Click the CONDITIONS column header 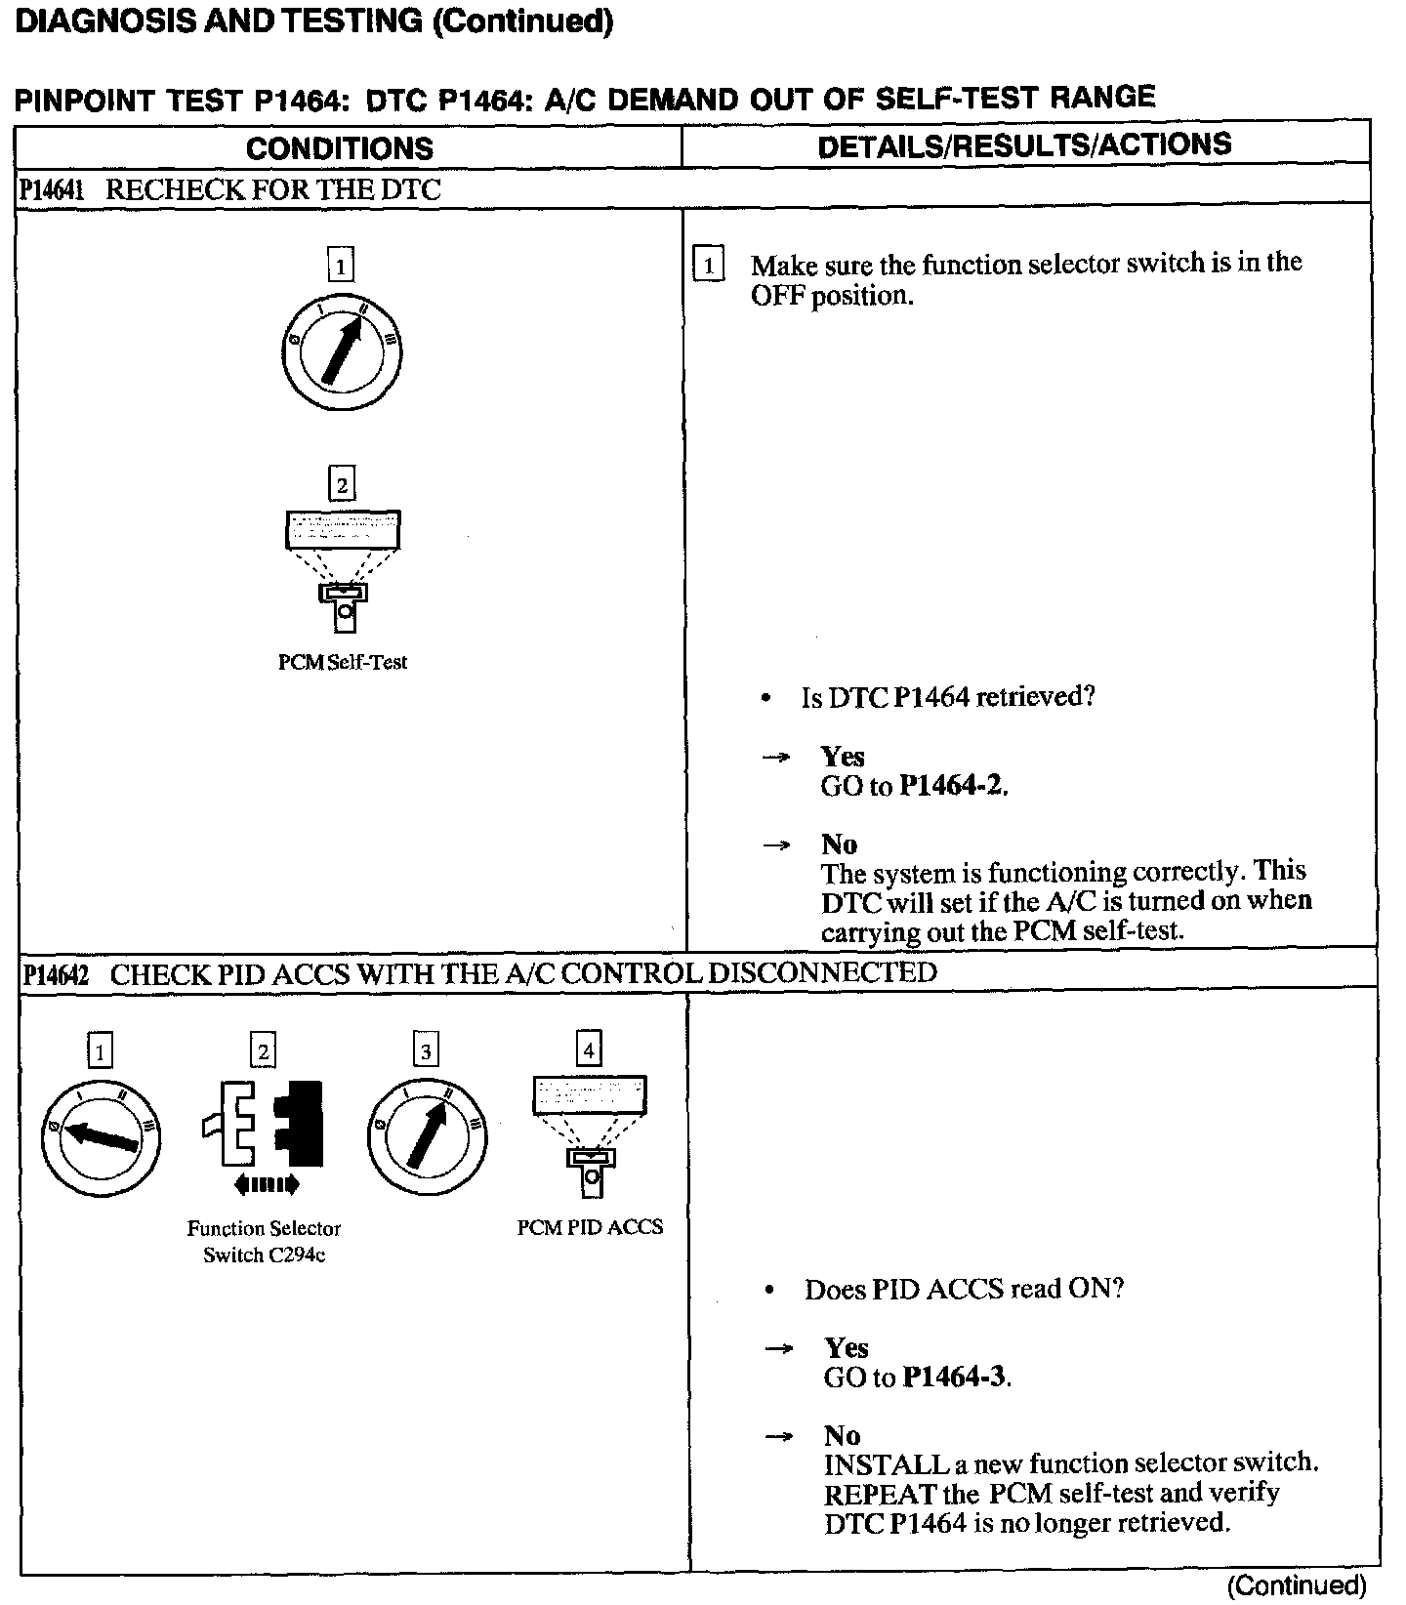[x=339, y=148]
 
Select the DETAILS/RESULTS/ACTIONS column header [x=1024, y=146]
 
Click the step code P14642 [x=55, y=975]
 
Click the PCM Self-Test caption [x=342, y=662]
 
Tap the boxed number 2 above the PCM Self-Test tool [x=341, y=484]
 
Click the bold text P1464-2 [x=952, y=786]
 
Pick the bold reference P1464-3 [x=955, y=1378]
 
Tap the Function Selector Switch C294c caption [x=264, y=1242]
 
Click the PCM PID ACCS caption [x=590, y=1227]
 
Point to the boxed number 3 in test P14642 [x=426, y=1051]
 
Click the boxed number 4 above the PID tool [x=589, y=1050]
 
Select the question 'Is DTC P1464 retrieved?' [x=947, y=697]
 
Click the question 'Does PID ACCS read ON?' [x=964, y=1289]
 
